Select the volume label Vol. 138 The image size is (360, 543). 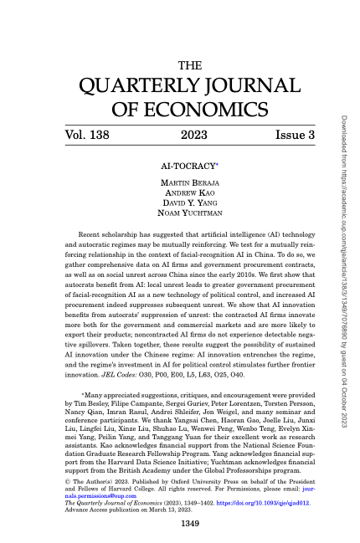pyautogui.click(x=90, y=134)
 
